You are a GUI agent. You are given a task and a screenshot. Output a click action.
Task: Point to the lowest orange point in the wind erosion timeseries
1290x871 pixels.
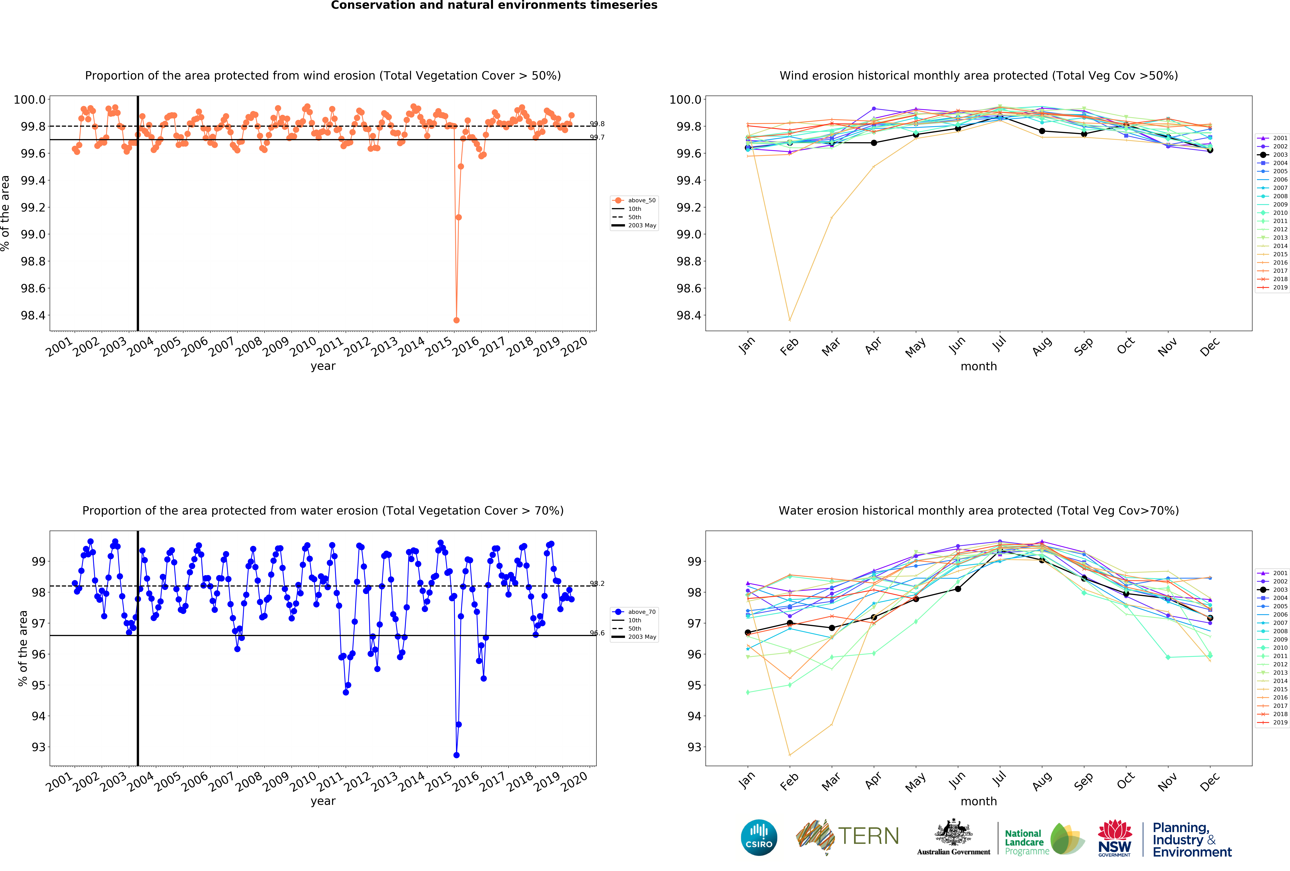(456, 320)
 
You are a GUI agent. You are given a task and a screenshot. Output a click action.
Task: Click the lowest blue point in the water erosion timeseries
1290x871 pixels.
(456, 755)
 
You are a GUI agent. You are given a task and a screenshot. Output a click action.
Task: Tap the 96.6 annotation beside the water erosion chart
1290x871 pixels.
(597, 633)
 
